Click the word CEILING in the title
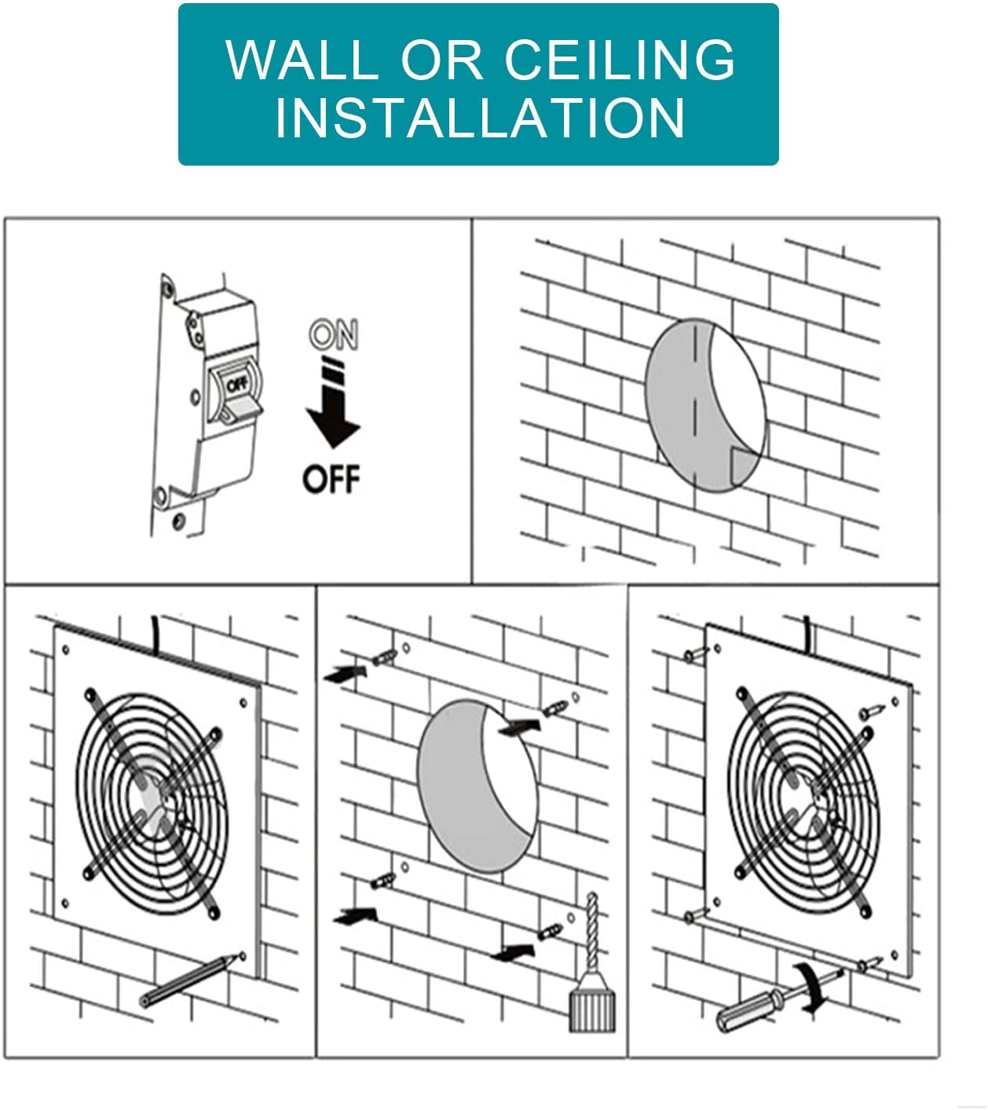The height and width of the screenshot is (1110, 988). pyautogui.click(x=620, y=59)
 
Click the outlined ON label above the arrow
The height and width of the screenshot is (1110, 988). pyautogui.click(x=333, y=335)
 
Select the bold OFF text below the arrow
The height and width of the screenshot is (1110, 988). pyautogui.click(x=331, y=478)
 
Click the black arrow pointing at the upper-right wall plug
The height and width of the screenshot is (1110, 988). pyautogui.click(x=518, y=727)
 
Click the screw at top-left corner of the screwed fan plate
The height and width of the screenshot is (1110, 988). pyautogui.click(x=693, y=653)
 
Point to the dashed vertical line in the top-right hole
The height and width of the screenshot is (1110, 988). pyautogui.click(x=693, y=393)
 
